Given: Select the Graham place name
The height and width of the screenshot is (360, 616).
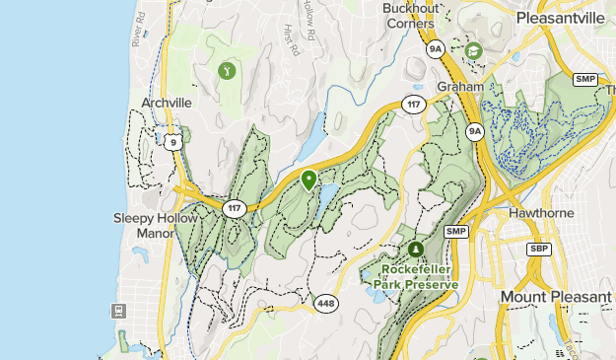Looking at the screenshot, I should click(460, 86).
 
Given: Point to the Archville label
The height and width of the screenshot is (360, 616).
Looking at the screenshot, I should click(166, 102).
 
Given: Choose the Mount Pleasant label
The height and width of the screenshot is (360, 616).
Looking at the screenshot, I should click(555, 297).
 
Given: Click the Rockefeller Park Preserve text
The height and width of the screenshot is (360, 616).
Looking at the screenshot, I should click(415, 278).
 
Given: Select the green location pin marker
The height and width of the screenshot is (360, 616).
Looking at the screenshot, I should click(308, 180).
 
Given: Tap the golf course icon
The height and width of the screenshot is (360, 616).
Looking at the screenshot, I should click(228, 70).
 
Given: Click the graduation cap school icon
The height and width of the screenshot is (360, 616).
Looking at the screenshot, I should click(473, 50).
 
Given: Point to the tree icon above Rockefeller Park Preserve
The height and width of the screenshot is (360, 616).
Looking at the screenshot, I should click(415, 250).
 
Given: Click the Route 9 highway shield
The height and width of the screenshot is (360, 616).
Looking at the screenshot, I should click(173, 142).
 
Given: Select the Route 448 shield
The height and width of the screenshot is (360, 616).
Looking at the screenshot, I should click(327, 303).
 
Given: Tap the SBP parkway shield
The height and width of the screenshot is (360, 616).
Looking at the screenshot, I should click(538, 249).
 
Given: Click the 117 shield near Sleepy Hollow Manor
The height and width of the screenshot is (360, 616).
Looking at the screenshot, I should click(234, 208).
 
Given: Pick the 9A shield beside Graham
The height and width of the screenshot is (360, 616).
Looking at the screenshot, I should click(475, 130).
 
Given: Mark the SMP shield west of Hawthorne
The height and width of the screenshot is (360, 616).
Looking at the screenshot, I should click(454, 231).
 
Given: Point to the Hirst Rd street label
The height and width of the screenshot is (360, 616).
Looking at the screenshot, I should click(290, 39).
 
